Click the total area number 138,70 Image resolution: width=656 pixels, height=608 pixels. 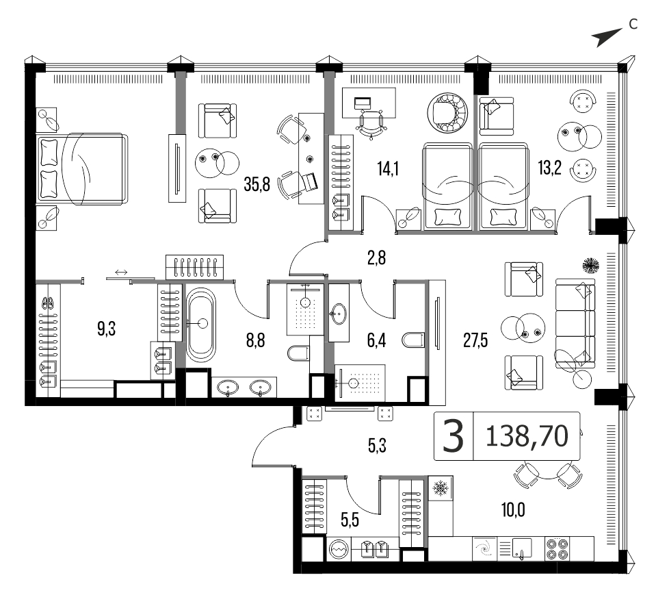point(527,436)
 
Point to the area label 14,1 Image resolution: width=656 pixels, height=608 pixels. point(388,168)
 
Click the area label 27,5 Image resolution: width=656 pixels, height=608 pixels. point(475,341)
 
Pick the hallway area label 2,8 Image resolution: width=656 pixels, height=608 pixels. point(376,258)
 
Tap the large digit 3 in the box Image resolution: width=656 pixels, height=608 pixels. point(453,436)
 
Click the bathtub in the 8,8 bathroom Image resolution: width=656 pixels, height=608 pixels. point(201,325)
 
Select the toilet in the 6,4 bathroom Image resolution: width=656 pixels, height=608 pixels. point(413,340)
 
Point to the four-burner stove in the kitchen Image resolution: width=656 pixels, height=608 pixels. point(557,549)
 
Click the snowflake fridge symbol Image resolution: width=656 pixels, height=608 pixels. point(440,487)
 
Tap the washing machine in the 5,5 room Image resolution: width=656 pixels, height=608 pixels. point(339,548)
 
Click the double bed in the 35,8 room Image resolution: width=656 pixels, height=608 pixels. point(81,169)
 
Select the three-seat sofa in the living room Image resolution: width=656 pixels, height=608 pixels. point(575,323)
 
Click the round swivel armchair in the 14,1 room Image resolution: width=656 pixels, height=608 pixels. point(447,113)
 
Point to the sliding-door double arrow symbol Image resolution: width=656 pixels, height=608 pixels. point(121,273)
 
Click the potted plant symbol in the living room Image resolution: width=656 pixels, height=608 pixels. point(592,265)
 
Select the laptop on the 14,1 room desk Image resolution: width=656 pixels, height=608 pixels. point(363,102)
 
